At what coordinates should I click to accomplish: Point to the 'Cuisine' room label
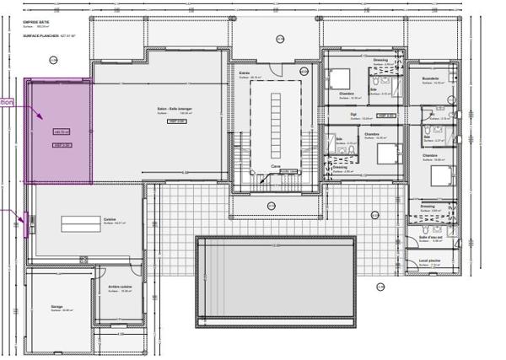(x=110, y=218)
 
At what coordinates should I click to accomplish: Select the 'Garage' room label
(x=56, y=307)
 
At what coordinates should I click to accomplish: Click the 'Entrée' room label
(x=244, y=73)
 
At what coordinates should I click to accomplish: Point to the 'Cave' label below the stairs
(x=275, y=166)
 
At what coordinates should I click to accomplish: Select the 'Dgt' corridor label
(x=354, y=113)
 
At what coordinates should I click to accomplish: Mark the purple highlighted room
(x=58, y=131)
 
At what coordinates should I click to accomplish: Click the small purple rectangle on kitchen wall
(x=33, y=223)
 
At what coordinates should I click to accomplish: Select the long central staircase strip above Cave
(x=276, y=118)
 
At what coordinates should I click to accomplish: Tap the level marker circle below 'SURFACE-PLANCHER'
(x=53, y=61)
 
